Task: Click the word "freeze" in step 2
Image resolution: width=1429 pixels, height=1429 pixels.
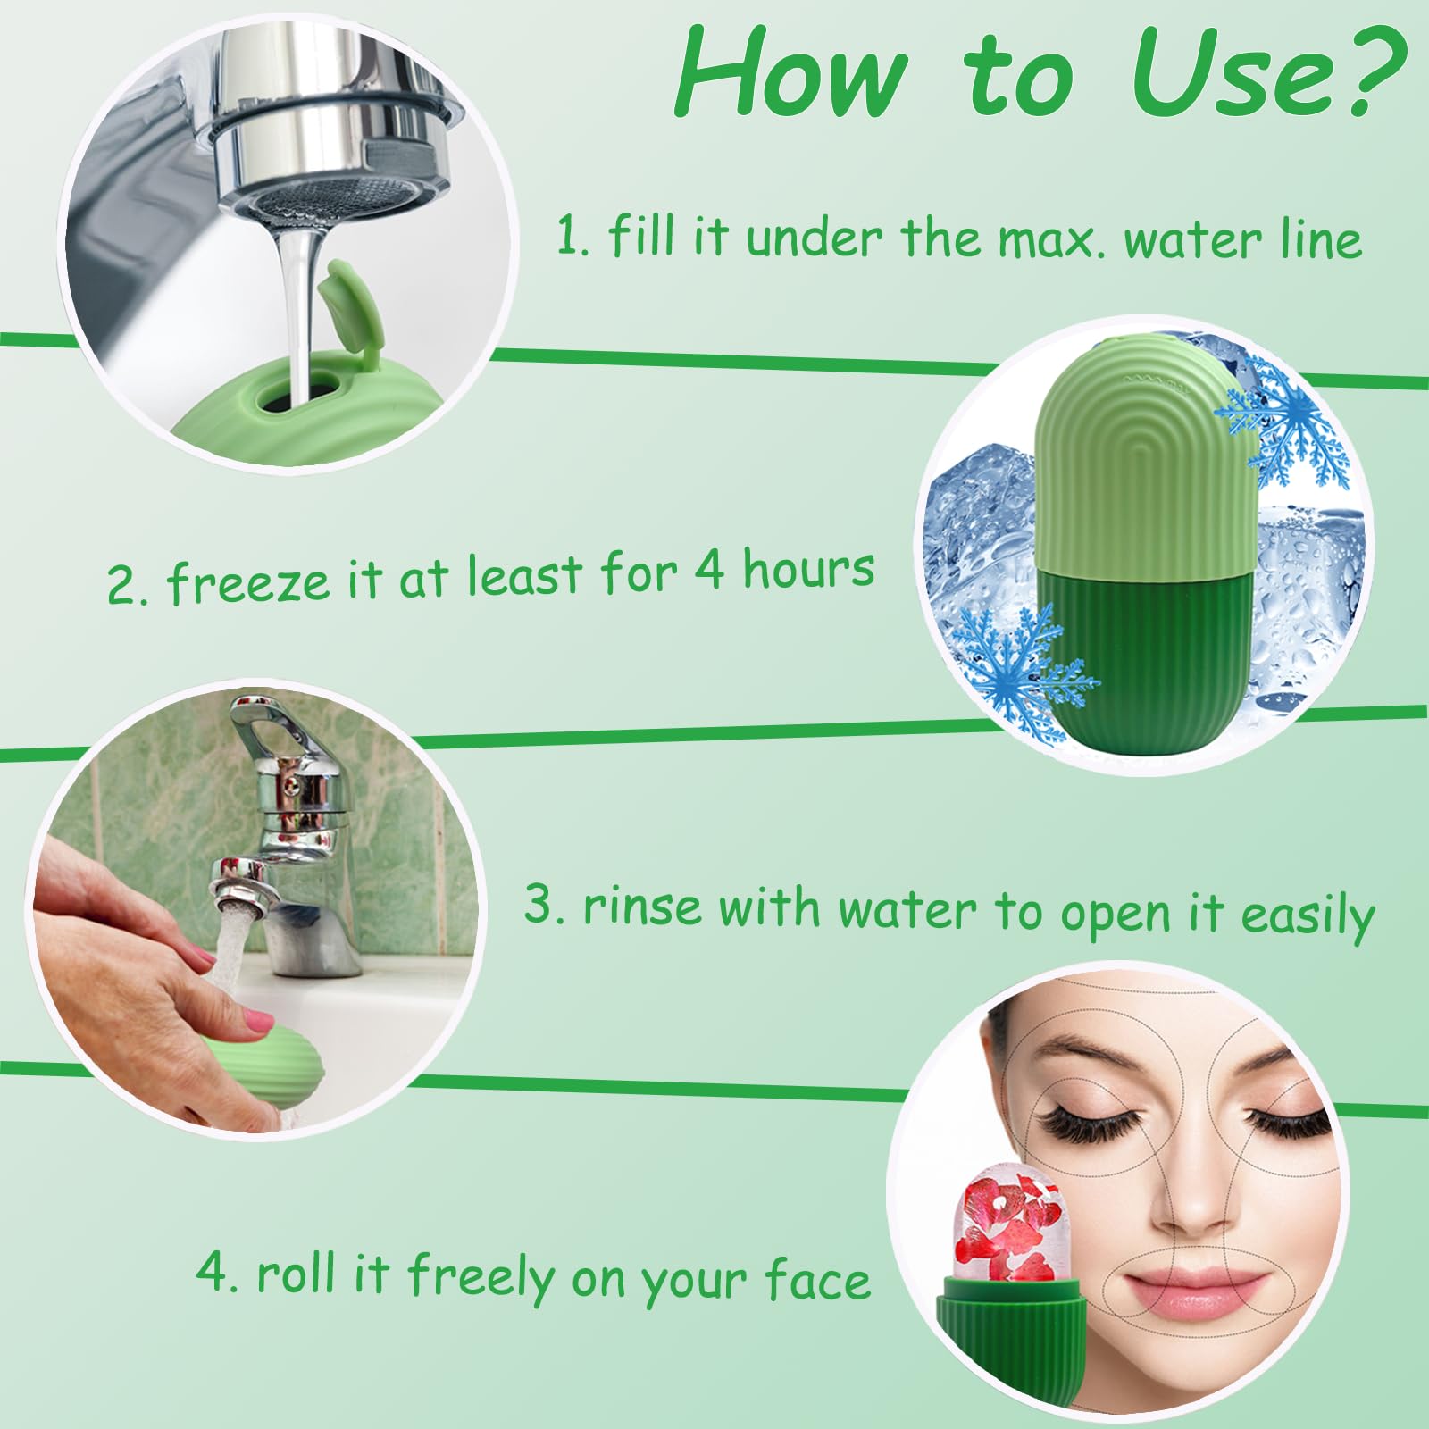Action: click(x=251, y=582)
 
